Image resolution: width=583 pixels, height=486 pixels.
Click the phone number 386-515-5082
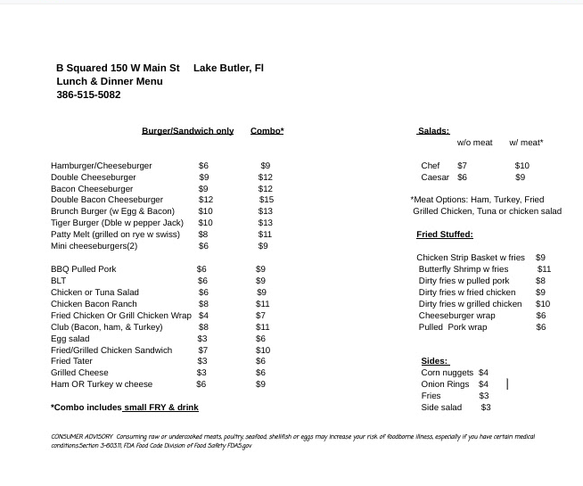(88, 95)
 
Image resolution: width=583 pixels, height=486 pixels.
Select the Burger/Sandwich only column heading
(187, 131)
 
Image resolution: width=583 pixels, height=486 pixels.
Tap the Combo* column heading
(267, 131)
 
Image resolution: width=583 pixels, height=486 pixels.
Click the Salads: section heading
(433, 131)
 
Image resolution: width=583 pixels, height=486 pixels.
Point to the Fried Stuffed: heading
(444, 235)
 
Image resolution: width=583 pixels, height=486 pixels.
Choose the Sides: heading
(434, 361)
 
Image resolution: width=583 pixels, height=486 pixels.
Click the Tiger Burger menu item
(117, 223)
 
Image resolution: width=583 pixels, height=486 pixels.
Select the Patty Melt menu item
(115, 235)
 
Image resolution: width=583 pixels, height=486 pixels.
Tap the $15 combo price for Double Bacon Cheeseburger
(266, 200)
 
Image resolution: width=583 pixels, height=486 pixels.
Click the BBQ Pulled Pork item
(84, 269)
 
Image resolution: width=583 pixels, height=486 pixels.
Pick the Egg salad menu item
(70, 339)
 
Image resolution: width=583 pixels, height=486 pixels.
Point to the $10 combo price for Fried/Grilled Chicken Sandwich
(262, 350)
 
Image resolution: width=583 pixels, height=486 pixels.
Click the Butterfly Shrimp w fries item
(464, 269)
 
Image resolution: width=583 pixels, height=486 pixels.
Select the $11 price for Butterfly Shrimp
(544, 269)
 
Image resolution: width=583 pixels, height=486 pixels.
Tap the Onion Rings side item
(445, 384)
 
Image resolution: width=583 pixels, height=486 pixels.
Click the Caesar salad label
(435, 177)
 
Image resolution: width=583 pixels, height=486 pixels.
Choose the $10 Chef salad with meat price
(521, 166)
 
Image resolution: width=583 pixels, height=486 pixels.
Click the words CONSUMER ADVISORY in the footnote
(82, 437)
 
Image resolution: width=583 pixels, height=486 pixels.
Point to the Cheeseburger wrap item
(456, 316)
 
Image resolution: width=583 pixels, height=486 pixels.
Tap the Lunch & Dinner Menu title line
(110, 81)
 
